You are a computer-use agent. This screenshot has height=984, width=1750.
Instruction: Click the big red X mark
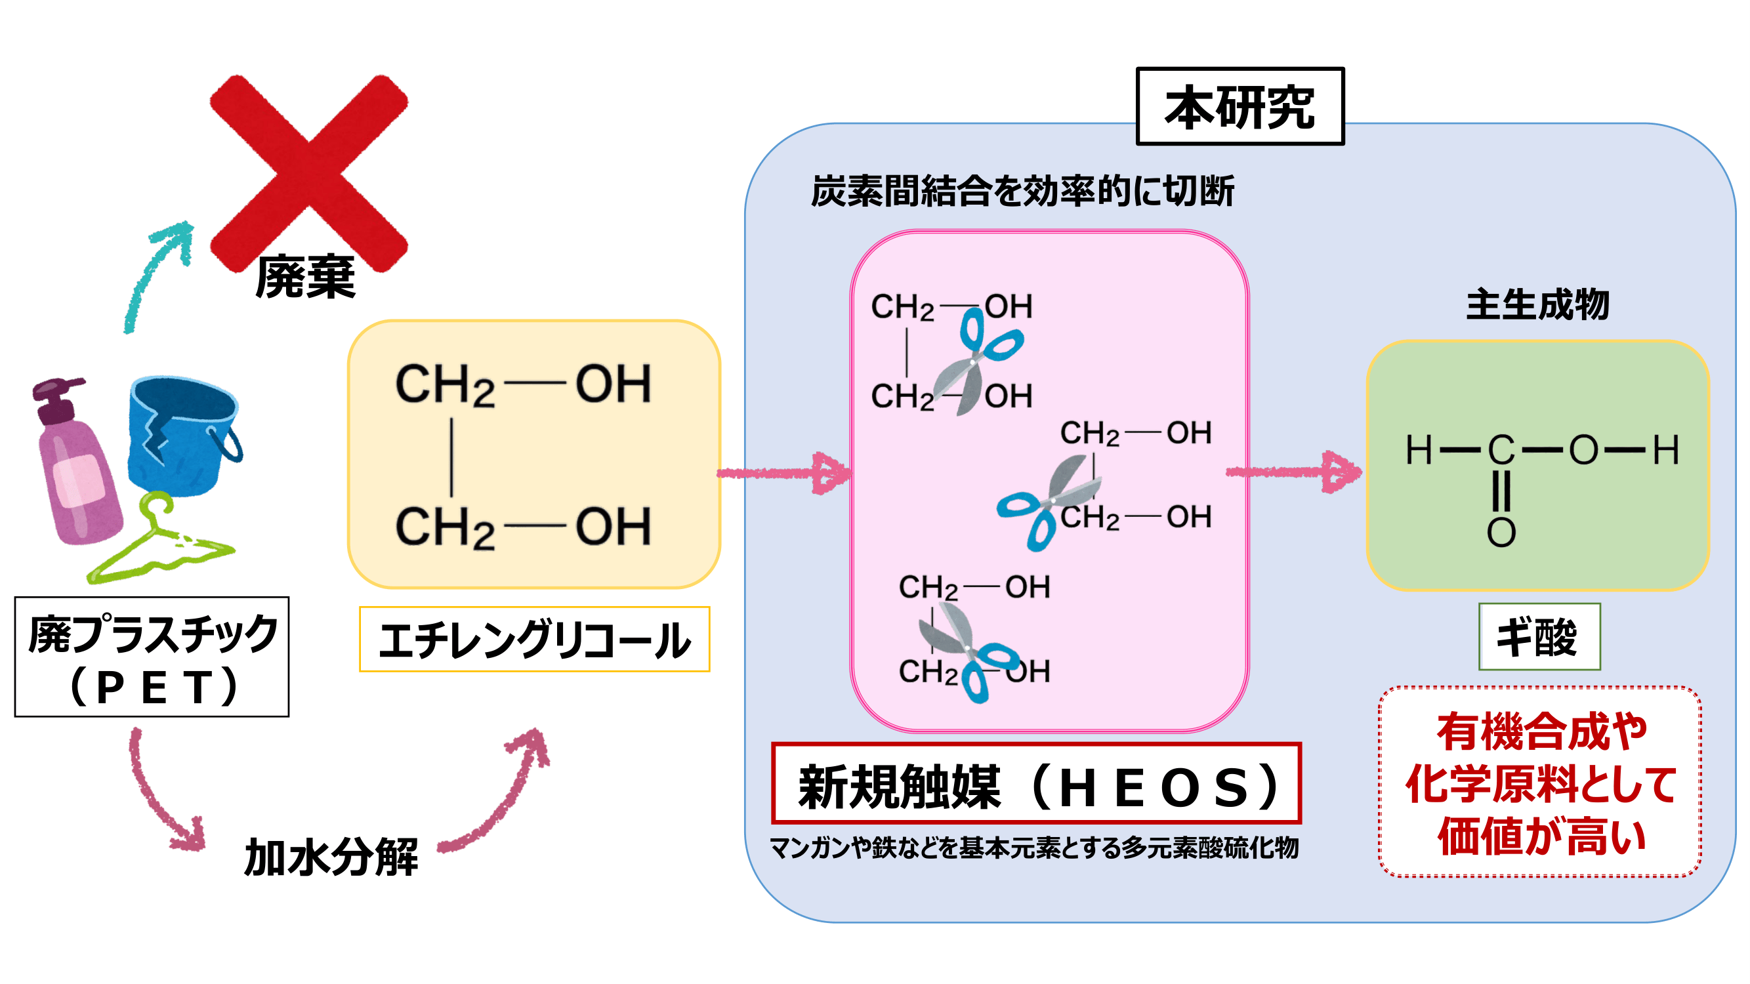click(309, 173)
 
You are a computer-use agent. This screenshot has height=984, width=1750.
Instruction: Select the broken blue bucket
click(182, 435)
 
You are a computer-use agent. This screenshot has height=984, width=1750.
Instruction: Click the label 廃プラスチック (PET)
click(152, 657)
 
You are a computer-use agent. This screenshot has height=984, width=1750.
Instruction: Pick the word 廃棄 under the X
click(306, 277)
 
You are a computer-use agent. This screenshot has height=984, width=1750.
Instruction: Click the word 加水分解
click(331, 857)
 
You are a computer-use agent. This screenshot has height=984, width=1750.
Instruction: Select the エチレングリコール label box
click(535, 640)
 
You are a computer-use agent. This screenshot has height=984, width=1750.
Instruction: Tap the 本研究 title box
click(1240, 107)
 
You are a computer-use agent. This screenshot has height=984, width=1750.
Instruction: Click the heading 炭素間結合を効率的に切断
click(1022, 191)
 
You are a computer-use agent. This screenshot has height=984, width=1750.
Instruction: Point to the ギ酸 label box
click(1539, 637)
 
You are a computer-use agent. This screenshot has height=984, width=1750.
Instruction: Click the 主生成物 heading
click(1537, 304)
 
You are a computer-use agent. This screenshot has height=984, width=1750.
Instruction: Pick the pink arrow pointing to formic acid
click(1294, 472)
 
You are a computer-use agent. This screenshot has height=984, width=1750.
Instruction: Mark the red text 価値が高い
click(1541, 836)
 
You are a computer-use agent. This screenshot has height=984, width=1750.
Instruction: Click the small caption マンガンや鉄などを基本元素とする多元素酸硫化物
click(1034, 848)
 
